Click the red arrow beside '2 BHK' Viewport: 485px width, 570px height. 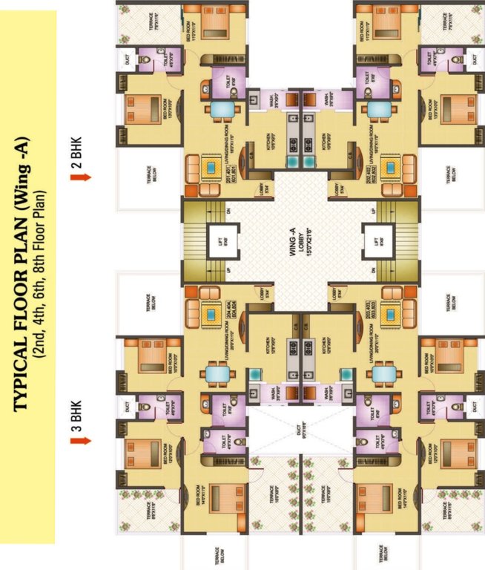(x=85, y=177)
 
